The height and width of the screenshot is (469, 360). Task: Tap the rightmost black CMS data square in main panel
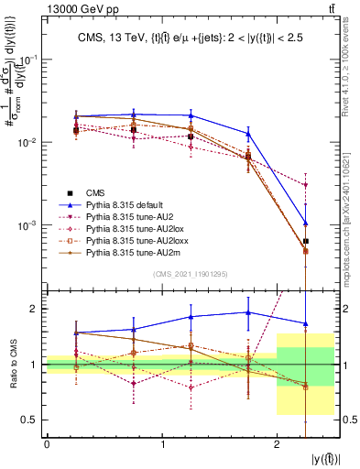pos(306,242)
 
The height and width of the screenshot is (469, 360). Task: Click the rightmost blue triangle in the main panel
pos(306,224)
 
